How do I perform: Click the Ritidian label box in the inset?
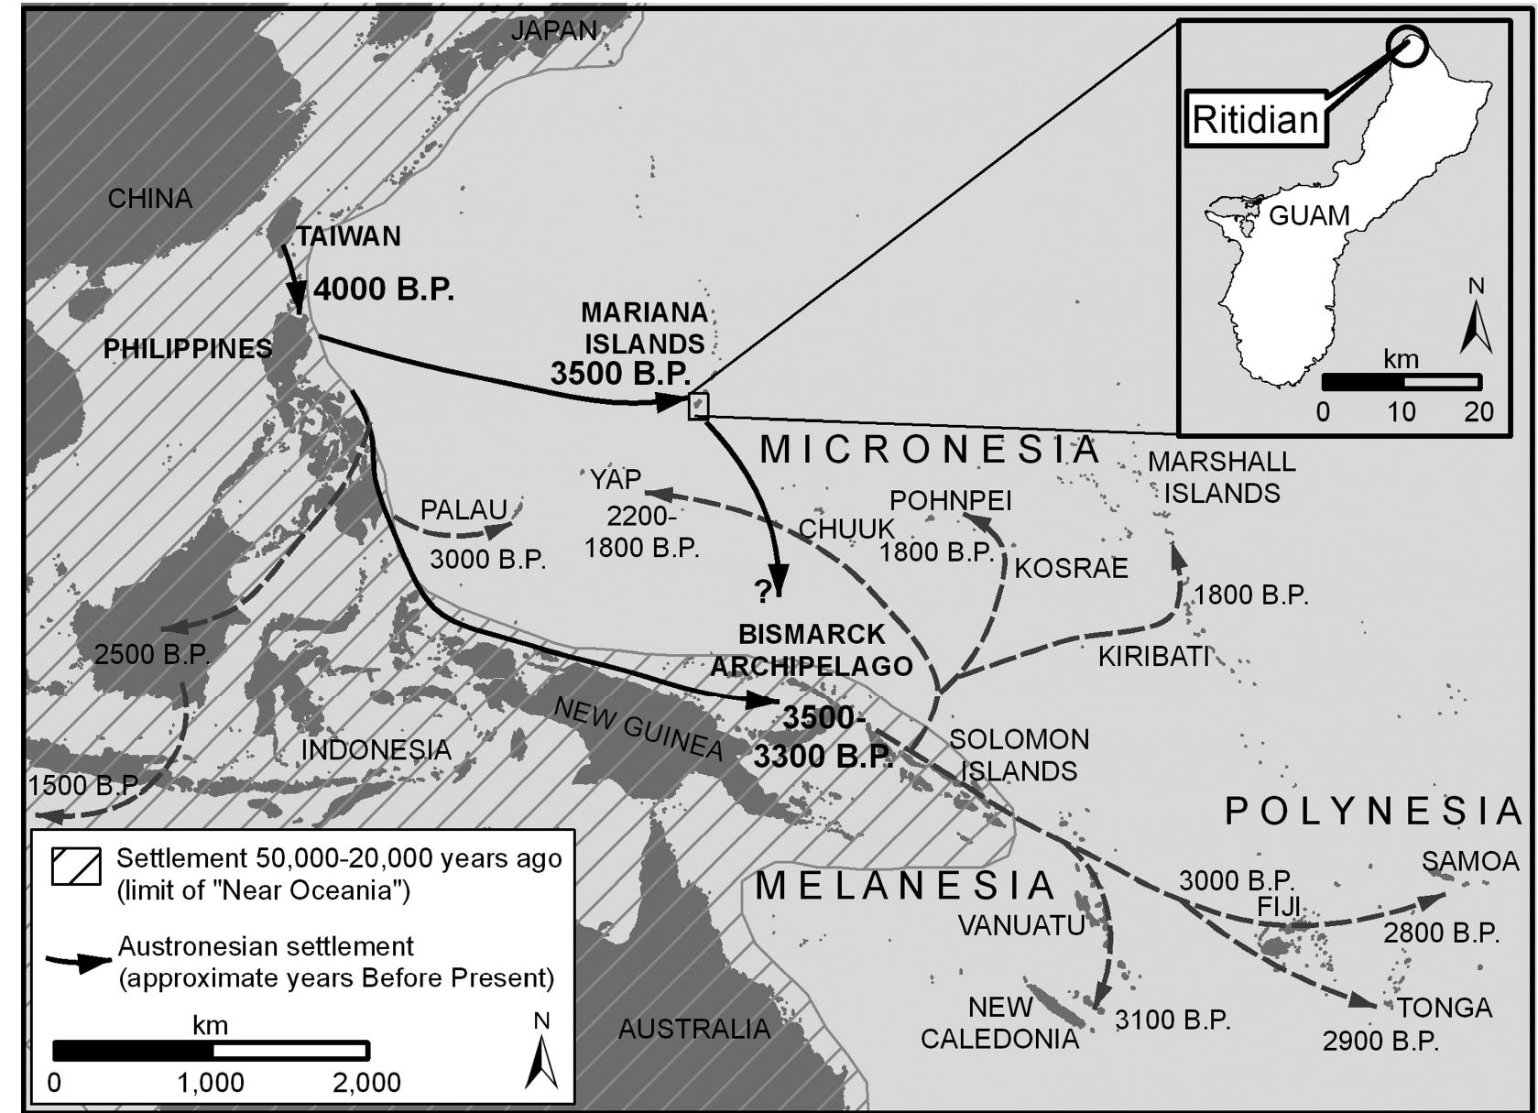click(x=1255, y=120)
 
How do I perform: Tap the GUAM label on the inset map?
click(x=1309, y=216)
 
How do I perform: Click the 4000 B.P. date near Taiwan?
click(x=384, y=289)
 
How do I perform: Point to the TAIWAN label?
click(x=349, y=236)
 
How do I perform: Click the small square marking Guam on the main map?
click(x=698, y=405)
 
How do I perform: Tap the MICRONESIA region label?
click(x=929, y=449)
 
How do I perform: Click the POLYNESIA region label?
click(x=1372, y=811)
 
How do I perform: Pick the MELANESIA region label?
click(x=905, y=886)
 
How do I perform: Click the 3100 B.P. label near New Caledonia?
click(x=1172, y=1020)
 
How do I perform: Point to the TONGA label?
click(x=1445, y=1008)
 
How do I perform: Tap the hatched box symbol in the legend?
click(x=76, y=866)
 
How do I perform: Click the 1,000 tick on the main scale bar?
click(x=212, y=1082)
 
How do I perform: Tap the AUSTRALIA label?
click(x=693, y=1029)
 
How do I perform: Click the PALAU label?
click(x=464, y=509)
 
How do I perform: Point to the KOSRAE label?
click(x=1071, y=568)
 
